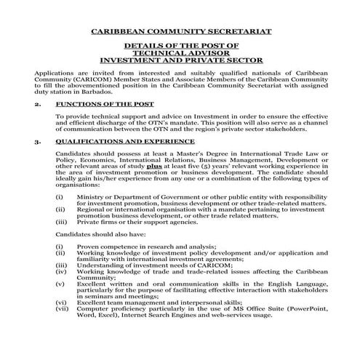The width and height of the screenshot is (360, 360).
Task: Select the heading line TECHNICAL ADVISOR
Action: coord(180,54)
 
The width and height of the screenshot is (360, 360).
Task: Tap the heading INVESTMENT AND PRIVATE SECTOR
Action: coord(180,60)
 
